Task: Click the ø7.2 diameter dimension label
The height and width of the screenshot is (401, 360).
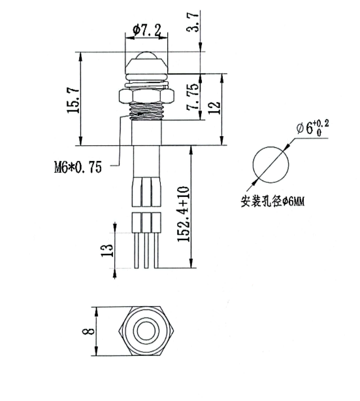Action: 147,31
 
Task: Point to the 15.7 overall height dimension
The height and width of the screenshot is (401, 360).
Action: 73,100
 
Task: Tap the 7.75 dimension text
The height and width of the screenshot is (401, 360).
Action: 193,96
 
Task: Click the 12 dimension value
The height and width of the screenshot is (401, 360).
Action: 214,108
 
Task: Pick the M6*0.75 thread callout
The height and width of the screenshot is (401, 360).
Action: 78,167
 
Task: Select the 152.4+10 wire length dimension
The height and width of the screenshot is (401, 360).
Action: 184,215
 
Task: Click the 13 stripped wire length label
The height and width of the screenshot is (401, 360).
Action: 107,251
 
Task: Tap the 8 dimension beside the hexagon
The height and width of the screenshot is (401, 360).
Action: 88,332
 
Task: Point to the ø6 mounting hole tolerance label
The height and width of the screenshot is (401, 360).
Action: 312,128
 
